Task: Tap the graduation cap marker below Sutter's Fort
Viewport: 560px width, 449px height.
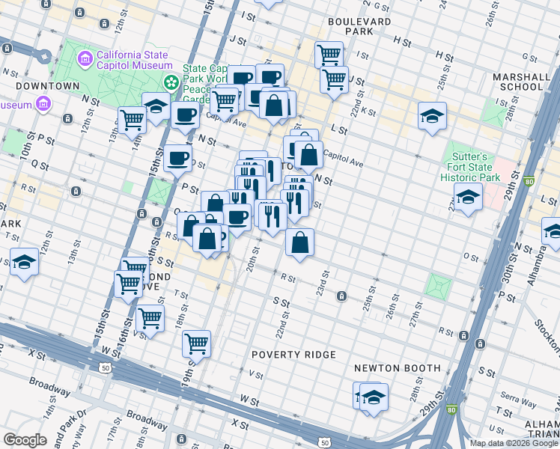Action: [467, 197]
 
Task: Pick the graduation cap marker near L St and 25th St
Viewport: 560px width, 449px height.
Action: [432, 116]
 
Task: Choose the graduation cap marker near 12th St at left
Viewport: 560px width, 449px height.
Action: [24, 262]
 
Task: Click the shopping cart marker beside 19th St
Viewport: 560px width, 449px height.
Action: [196, 343]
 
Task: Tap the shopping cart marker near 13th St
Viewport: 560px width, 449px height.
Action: [133, 118]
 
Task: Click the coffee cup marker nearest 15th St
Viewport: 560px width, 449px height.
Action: [177, 158]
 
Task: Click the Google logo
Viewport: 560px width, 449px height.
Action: [25, 440]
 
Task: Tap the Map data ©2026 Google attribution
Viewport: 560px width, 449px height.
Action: [514, 443]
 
